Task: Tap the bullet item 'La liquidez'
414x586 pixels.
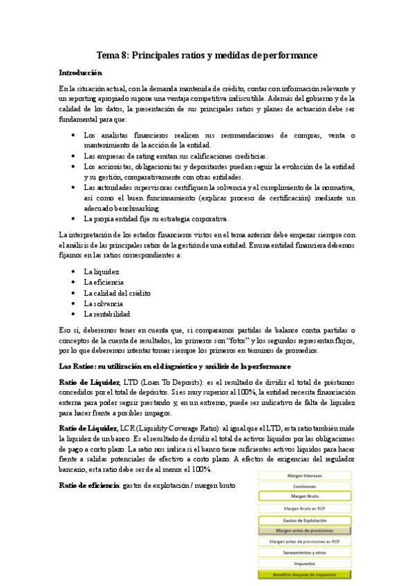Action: point(101,272)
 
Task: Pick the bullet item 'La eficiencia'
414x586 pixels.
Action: point(104,282)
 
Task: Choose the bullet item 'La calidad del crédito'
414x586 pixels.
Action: point(117,293)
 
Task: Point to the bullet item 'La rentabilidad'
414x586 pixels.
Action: point(107,314)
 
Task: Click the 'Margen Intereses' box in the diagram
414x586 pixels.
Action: point(304,475)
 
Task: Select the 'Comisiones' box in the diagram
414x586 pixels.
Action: point(304,486)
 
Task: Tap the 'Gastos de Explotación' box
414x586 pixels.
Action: point(304,520)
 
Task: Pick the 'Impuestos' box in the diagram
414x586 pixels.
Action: point(304,563)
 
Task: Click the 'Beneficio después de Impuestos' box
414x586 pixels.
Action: point(304,574)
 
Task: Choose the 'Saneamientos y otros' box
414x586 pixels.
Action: point(304,552)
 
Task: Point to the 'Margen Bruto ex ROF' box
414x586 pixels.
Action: point(304,508)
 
